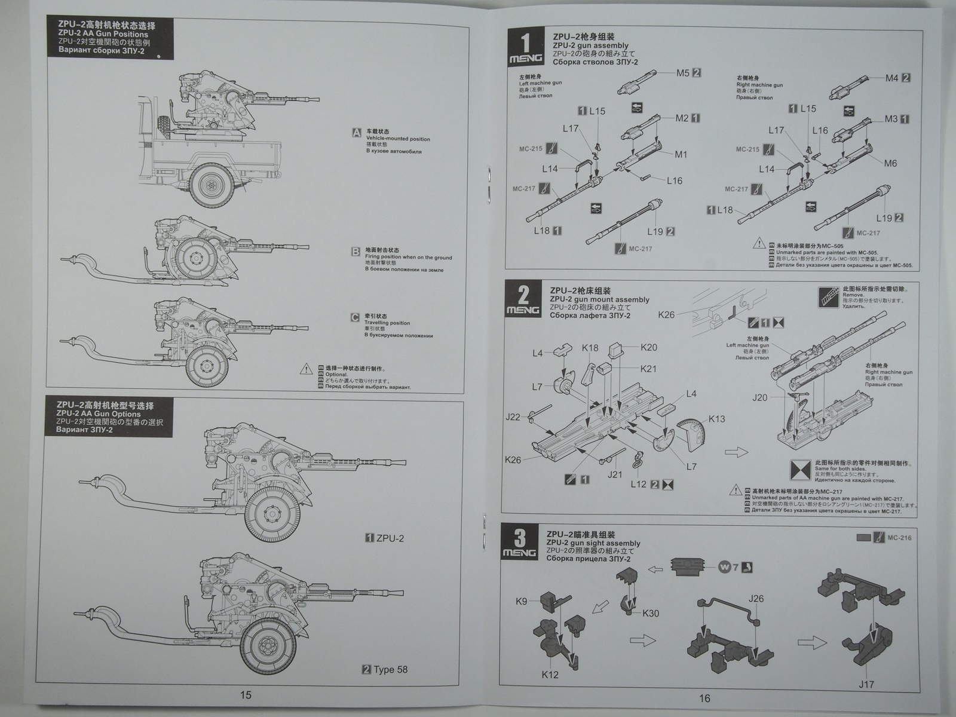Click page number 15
point(246,694)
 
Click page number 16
point(704,697)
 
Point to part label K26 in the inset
point(666,314)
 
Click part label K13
point(717,419)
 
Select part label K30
point(651,612)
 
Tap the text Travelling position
point(387,323)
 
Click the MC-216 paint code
point(899,538)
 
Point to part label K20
point(648,347)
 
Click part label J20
point(760,397)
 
